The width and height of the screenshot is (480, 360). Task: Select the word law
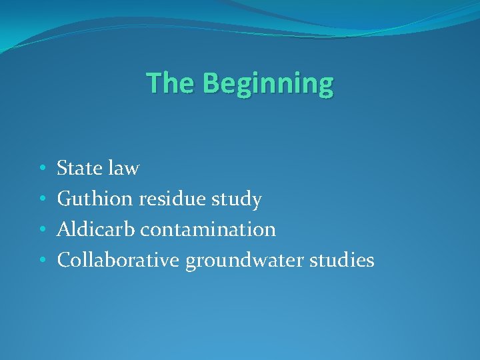click(x=124, y=168)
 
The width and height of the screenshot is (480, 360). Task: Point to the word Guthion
click(x=94, y=199)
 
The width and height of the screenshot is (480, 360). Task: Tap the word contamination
click(x=208, y=229)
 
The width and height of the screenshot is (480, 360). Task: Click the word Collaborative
click(x=118, y=260)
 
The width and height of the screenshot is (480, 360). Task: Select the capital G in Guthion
click(x=65, y=199)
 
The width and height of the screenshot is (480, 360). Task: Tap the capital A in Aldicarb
click(x=64, y=229)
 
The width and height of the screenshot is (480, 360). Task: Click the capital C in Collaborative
click(x=64, y=260)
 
